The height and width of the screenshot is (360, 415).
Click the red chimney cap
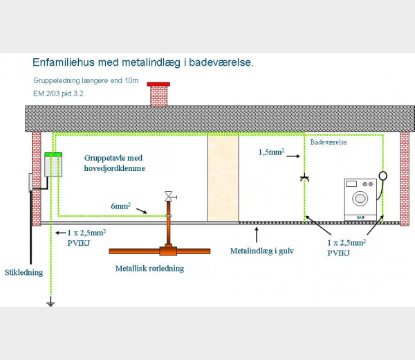158,84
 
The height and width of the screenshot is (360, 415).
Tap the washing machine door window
360,198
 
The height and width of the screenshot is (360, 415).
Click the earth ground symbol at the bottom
50,302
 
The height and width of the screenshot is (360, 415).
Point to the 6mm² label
120,206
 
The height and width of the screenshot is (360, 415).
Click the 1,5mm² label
271,152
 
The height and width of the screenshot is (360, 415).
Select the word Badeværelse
329,142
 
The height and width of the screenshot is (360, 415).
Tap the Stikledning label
24,273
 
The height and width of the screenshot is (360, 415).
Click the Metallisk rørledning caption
149,269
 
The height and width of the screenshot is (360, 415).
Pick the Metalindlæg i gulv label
261,251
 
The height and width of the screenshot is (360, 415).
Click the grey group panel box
53,166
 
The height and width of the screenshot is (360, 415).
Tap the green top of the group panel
53,154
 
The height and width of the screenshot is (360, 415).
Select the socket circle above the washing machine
382,175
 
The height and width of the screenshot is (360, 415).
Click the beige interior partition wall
223,177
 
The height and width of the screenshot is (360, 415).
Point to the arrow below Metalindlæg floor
256,235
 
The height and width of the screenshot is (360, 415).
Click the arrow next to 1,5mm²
293,156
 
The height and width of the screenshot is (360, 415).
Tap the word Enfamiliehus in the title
64,62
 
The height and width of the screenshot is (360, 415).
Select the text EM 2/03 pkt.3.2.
59,93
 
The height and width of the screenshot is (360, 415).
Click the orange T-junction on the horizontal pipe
168,251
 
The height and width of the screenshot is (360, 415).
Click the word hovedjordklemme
115,168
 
